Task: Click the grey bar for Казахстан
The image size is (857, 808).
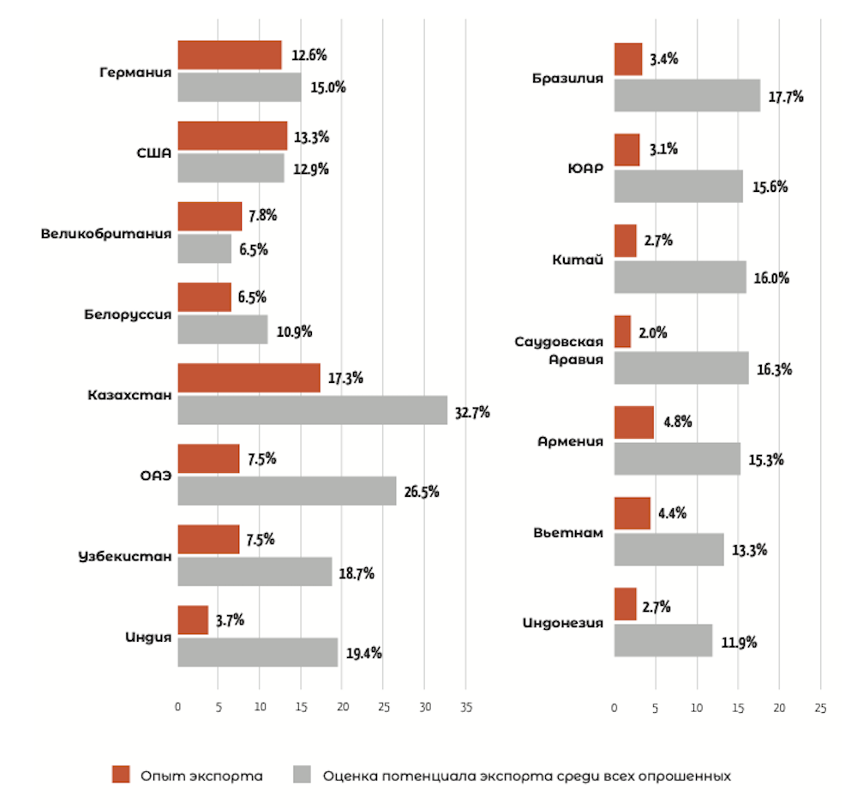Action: (312, 410)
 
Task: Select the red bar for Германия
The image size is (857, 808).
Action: (230, 55)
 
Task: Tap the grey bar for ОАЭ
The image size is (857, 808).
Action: (286, 491)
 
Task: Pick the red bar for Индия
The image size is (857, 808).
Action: (193, 619)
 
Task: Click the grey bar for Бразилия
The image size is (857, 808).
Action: (686, 95)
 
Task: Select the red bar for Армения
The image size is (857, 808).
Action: (633, 422)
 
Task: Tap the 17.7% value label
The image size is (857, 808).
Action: (785, 97)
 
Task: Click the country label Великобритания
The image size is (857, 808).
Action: (106, 233)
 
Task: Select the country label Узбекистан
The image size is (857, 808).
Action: (124, 556)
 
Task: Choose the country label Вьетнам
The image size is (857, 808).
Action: (567, 533)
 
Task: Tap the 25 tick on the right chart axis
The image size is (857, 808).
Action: (820, 709)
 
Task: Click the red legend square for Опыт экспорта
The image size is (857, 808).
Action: (121, 775)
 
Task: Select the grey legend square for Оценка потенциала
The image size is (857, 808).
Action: (302, 775)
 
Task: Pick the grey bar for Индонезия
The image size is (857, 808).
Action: (662, 640)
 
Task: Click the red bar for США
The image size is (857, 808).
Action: (232, 135)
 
